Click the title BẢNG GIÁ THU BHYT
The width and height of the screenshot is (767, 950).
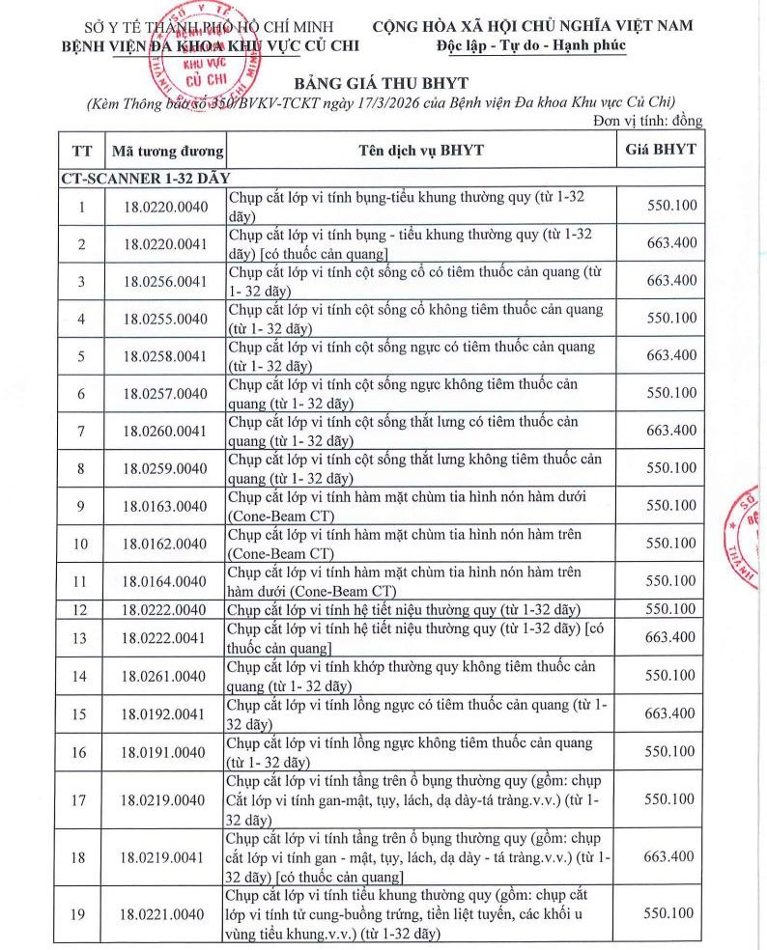(383, 82)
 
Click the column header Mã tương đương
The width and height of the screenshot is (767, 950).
(168, 151)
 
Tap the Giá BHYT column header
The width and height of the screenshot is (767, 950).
(661, 150)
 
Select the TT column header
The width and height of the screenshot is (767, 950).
(82, 151)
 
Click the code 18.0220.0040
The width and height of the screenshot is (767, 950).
(165, 206)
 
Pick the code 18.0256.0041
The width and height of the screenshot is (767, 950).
(165, 280)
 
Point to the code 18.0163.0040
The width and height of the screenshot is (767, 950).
(165, 506)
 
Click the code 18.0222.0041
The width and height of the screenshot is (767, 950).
(165, 637)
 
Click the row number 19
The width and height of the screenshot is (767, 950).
(82, 913)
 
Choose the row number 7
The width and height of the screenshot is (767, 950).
(82, 431)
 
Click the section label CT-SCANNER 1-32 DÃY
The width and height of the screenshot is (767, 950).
(145, 179)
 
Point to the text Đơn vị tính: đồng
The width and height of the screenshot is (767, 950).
(647, 122)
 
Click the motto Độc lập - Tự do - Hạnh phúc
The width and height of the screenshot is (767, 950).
(531, 45)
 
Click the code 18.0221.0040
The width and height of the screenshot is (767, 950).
(165, 913)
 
